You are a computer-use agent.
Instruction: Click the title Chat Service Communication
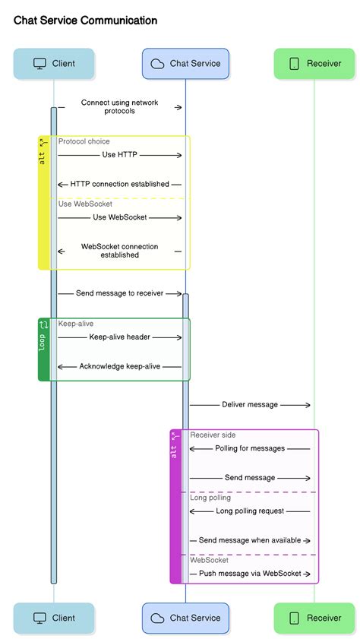click(x=86, y=21)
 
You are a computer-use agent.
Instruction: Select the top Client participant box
click(x=54, y=64)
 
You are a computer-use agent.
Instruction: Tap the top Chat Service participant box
click(x=185, y=64)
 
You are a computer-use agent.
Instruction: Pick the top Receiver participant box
click(x=314, y=64)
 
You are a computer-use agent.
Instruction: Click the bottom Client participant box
click(x=54, y=618)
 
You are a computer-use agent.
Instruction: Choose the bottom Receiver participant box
click(x=314, y=618)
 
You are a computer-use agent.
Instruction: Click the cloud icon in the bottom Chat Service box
click(x=158, y=618)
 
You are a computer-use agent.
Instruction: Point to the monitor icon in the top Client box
click(x=40, y=64)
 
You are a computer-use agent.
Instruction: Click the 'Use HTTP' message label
click(x=120, y=155)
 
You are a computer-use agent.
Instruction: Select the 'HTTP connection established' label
click(x=120, y=185)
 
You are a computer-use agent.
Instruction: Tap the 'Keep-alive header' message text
click(x=120, y=337)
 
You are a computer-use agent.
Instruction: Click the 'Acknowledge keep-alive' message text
click(x=120, y=366)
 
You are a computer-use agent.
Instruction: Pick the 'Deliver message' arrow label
click(x=250, y=405)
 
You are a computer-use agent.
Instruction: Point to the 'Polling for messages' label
click(x=250, y=448)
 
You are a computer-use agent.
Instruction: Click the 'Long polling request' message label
click(x=250, y=511)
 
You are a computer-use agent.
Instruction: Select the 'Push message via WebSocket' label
click(x=250, y=574)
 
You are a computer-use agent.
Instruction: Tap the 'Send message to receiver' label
click(x=120, y=293)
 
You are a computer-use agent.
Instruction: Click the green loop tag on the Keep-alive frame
click(x=43, y=349)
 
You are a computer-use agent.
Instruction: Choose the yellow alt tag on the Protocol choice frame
click(x=43, y=202)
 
